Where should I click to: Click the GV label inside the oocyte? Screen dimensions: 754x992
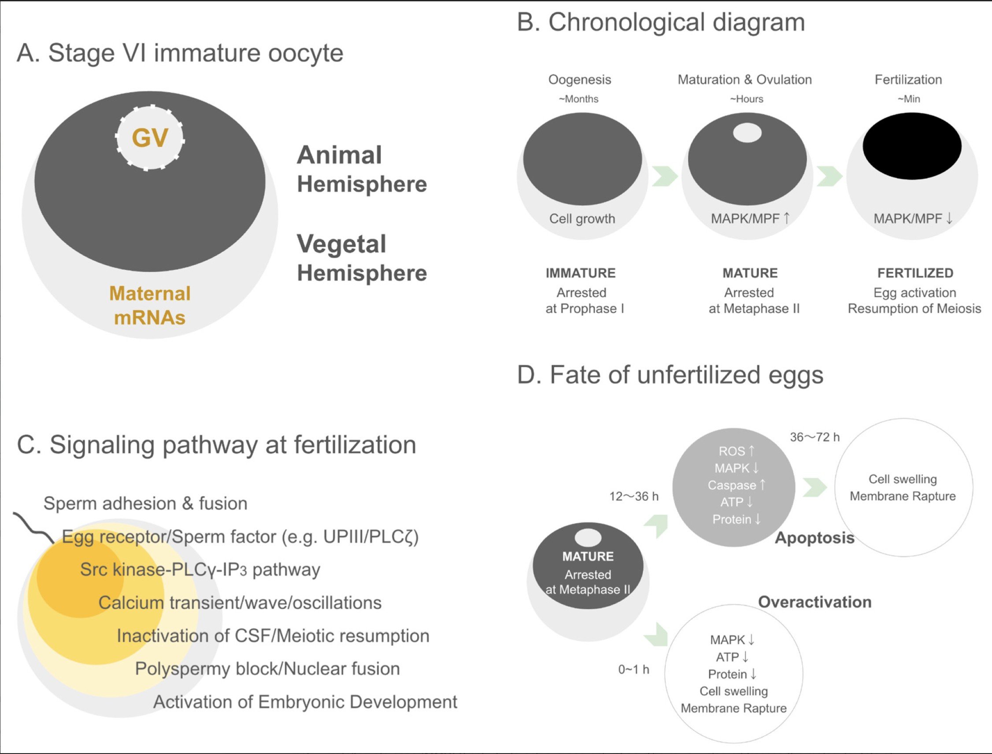(150, 137)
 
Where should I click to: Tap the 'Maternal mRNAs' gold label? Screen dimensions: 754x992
(150, 306)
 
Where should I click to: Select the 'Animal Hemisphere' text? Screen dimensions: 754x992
(362, 169)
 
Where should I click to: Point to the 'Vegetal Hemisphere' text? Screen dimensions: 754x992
(362, 258)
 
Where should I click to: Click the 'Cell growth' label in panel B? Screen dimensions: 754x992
(582, 218)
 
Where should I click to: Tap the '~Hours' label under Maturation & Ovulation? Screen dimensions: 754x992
(747, 99)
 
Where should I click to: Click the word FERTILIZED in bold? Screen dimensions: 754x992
(915, 273)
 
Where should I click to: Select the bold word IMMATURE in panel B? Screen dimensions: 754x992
(581, 273)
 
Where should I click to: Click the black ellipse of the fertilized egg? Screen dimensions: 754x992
(912, 146)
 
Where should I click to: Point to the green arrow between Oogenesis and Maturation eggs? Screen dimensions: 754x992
(665, 176)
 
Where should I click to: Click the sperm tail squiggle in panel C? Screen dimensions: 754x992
(33, 527)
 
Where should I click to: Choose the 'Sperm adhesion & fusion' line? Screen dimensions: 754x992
(145, 503)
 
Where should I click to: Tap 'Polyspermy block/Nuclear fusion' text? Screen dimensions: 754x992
(267, 669)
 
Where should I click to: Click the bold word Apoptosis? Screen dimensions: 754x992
(814, 538)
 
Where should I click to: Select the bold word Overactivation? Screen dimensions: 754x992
(814, 602)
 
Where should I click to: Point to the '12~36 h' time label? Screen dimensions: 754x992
(634, 496)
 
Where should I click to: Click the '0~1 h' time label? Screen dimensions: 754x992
(634, 669)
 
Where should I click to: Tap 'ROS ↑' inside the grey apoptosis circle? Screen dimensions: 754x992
(736, 451)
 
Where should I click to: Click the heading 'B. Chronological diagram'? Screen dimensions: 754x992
(661, 22)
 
